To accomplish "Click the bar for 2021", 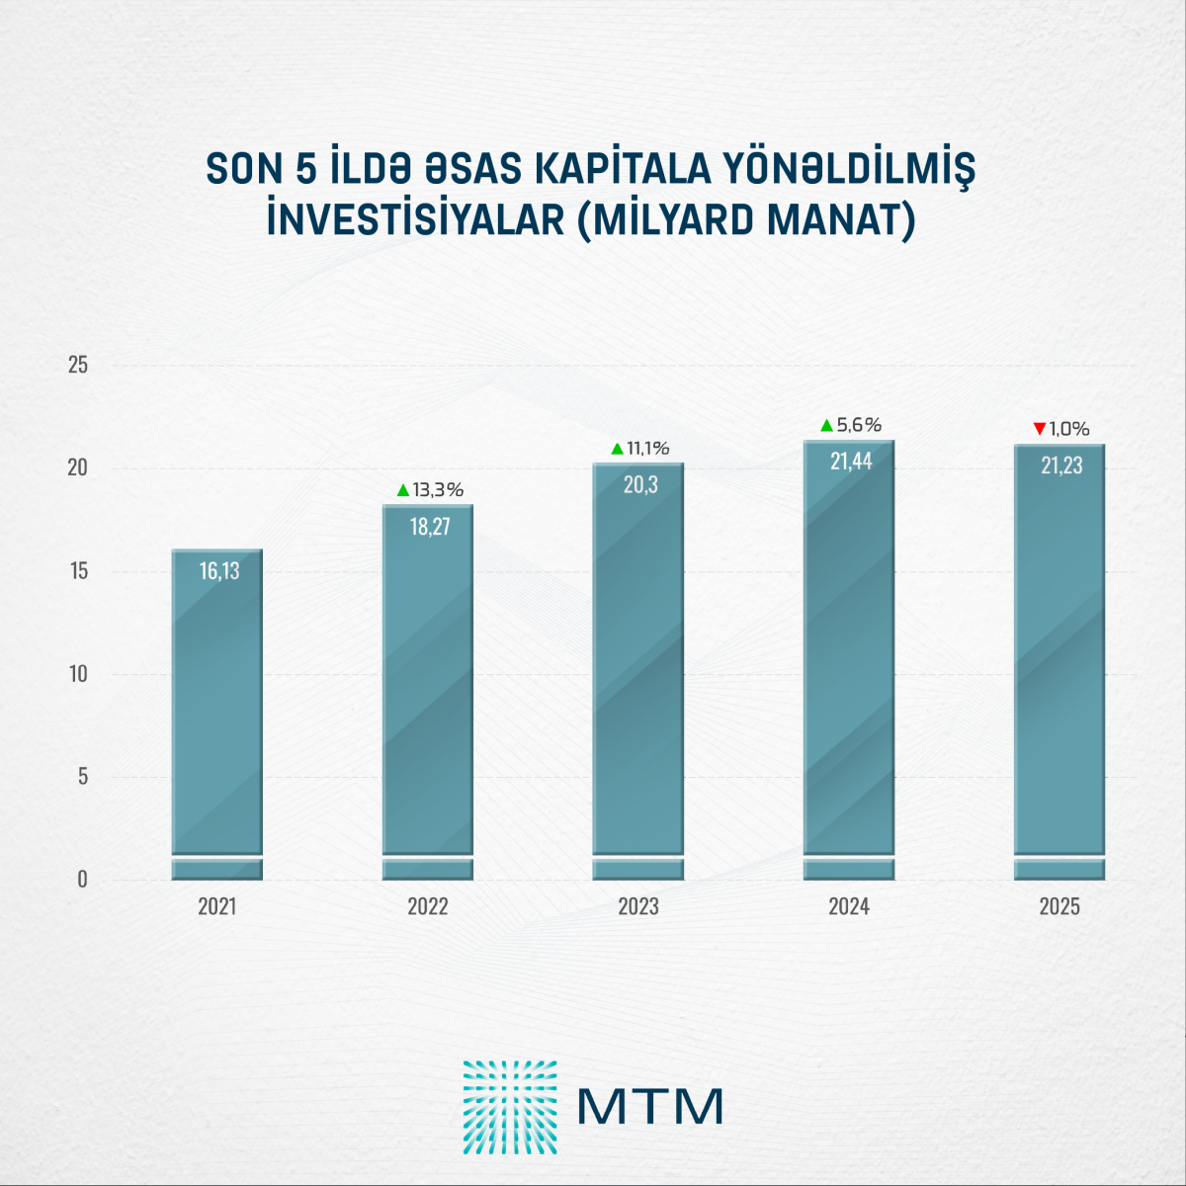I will pos(217,712).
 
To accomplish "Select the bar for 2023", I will pos(638,672).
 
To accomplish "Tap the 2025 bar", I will pos(1059,662).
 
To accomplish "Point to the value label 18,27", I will pos(430,527).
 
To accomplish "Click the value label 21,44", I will pos(851,462).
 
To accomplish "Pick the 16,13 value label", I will pos(219,571).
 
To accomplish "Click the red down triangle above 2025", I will pos(1039,429).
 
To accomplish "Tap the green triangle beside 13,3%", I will pos(402,490).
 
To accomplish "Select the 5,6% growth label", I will pos(859,425).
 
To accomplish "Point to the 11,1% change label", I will pos(647,449).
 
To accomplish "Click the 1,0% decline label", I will pos(1068,429).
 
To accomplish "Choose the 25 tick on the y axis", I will pos(77,366).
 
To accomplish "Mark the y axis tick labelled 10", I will pos(77,674).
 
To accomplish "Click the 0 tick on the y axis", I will pos(82,880).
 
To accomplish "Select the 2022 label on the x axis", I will pos(428,906).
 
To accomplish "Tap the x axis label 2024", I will pos(849,906).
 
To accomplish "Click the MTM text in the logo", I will pos(650,1107).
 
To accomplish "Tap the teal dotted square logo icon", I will pos(510,1107).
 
